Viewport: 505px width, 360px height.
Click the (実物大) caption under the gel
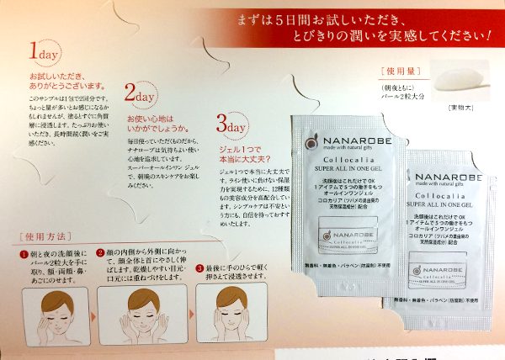tap(461, 107)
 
